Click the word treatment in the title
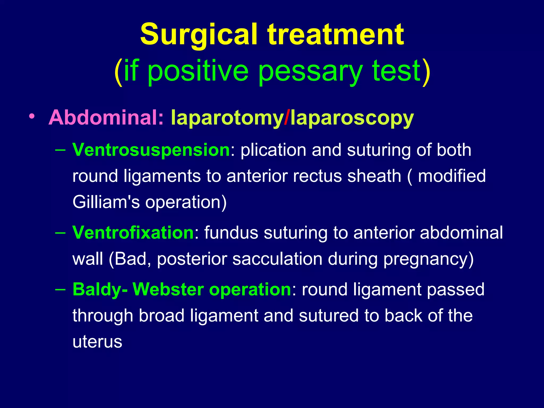[336, 35]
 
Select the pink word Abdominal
[106, 117]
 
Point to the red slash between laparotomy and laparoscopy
[286, 117]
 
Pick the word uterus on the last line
[97, 342]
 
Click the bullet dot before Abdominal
[32, 117]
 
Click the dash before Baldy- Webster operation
[61, 289]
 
